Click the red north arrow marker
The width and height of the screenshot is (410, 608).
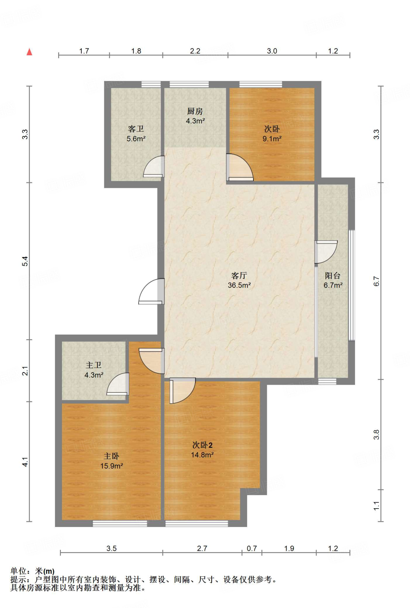coord(29,52)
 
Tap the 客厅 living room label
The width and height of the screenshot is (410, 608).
coord(239,275)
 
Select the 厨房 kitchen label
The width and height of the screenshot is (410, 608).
coord(195,111)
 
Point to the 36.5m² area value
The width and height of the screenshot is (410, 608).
coord(239,285)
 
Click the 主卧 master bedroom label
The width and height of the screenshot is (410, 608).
coord(111,456)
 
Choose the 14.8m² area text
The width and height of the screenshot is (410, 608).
coord(202,455)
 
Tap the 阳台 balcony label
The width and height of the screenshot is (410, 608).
coord(333,275)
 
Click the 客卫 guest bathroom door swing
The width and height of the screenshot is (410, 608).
coord(154,167)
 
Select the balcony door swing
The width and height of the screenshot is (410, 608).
coord(326,252)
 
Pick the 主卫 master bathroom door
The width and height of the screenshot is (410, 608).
coord(118,384)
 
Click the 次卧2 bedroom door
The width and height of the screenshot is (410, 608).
coord(183,391)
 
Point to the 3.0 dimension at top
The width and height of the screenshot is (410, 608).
coord(272,51)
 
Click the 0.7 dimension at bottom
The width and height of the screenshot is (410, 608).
coord(252,548)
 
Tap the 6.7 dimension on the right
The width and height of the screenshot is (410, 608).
coord(376,281)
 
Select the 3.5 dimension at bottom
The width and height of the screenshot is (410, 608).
coord(112,548)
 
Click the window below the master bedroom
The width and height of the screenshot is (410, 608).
coord(120,524)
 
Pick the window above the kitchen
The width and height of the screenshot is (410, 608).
coord(189,84)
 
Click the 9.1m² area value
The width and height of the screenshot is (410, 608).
coord(272,139)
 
